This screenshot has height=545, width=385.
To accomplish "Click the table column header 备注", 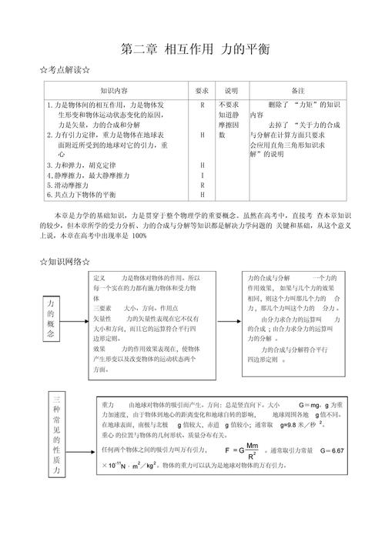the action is pyautogui.click(x=298, y=90).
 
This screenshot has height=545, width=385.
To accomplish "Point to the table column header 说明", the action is pyautogui.click(x=231, y=90).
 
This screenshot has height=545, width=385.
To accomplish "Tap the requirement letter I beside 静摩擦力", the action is pyautogui.click(x=203, y=175).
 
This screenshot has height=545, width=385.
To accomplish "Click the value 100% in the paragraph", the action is pyautogui.click(x=139, y=236).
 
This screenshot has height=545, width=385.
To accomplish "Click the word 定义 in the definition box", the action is pyautogui.click(x=99, y=277).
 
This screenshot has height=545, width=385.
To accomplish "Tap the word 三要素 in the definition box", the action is pyautogui.click(x=102, y=307).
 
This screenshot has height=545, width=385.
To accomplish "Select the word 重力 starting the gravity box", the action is pyautogui.click(x=108, y=404).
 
